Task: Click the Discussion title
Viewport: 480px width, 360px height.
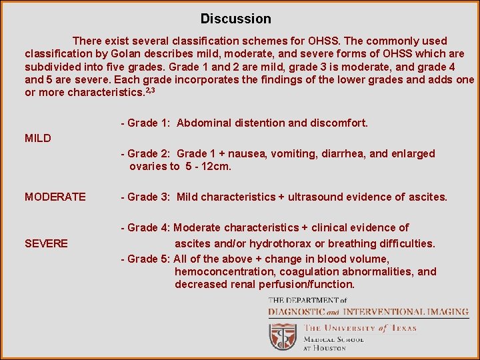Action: click(236, 19)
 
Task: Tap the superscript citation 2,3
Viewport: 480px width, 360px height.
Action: click(154, 90)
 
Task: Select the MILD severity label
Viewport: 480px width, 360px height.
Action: click(38, 139)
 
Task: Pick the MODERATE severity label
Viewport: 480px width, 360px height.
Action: click(55, 197)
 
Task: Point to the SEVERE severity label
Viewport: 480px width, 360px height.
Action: click(46, 243)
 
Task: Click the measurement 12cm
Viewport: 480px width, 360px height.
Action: click(216, 167)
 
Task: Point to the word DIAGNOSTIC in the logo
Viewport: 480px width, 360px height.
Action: click(297, 312)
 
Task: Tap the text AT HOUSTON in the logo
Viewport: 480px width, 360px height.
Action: click(325, 348)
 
